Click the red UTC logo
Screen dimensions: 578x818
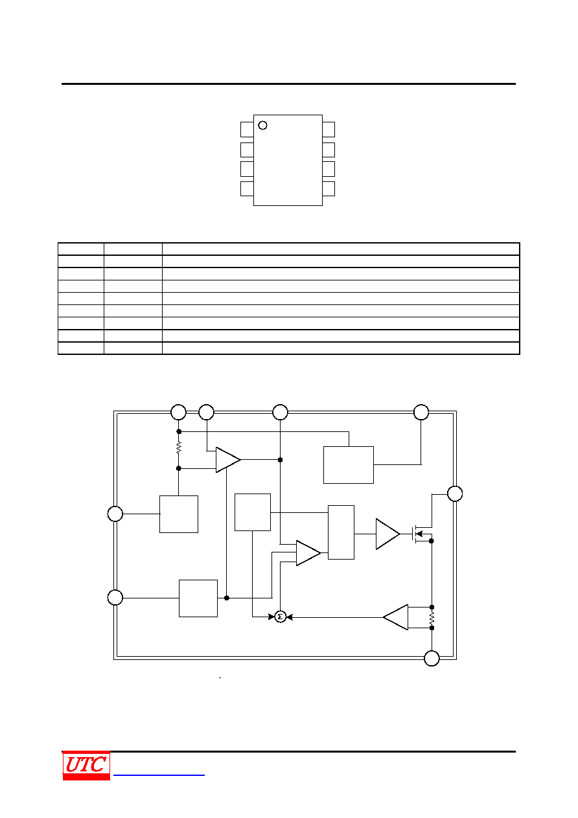(86, 766)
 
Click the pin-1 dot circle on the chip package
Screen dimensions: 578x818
(262, 125)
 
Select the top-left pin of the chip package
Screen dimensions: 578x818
(247, 130)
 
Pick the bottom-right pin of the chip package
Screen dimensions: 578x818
(329, 189)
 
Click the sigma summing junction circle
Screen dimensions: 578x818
(280, 617)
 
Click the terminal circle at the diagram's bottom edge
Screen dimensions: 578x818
(432, 658)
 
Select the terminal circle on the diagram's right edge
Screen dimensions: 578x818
(455, 494)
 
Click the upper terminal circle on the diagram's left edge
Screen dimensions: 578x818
(115, 514)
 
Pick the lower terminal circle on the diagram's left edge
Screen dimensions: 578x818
(115, 598)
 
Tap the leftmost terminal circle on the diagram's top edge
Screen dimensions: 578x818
(178, 413)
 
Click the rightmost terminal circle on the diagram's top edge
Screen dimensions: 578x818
(421, 413)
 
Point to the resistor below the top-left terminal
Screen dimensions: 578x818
(179, 448)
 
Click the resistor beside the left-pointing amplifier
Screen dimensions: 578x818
(432, 618)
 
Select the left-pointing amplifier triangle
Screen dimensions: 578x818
(395, 617)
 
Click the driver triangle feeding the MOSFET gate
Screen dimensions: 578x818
(387, 534)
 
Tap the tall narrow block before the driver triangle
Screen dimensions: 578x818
(341, 532)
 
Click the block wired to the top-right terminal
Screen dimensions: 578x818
(349, 465)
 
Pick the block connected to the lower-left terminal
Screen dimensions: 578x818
(198, 598)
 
